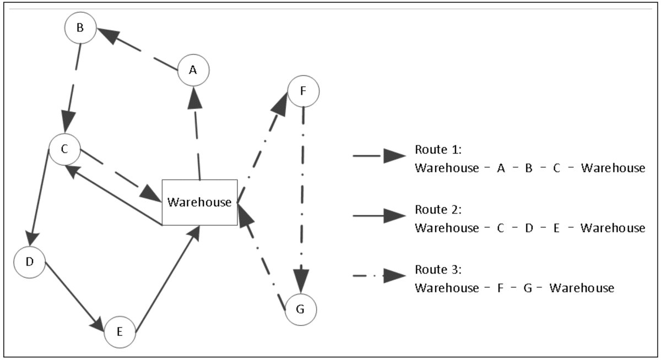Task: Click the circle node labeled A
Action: (193, 70)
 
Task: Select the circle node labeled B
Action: (80, 28)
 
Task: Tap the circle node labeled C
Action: (65, 149)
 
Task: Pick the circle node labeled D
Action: (30, 261)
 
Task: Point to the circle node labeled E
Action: (120, 332)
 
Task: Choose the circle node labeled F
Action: (304, 90)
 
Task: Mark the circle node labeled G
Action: (300, 309)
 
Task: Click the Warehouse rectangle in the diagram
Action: (199, 202)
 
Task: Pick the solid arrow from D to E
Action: (75, 297)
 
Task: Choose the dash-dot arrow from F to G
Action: (302, 198)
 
